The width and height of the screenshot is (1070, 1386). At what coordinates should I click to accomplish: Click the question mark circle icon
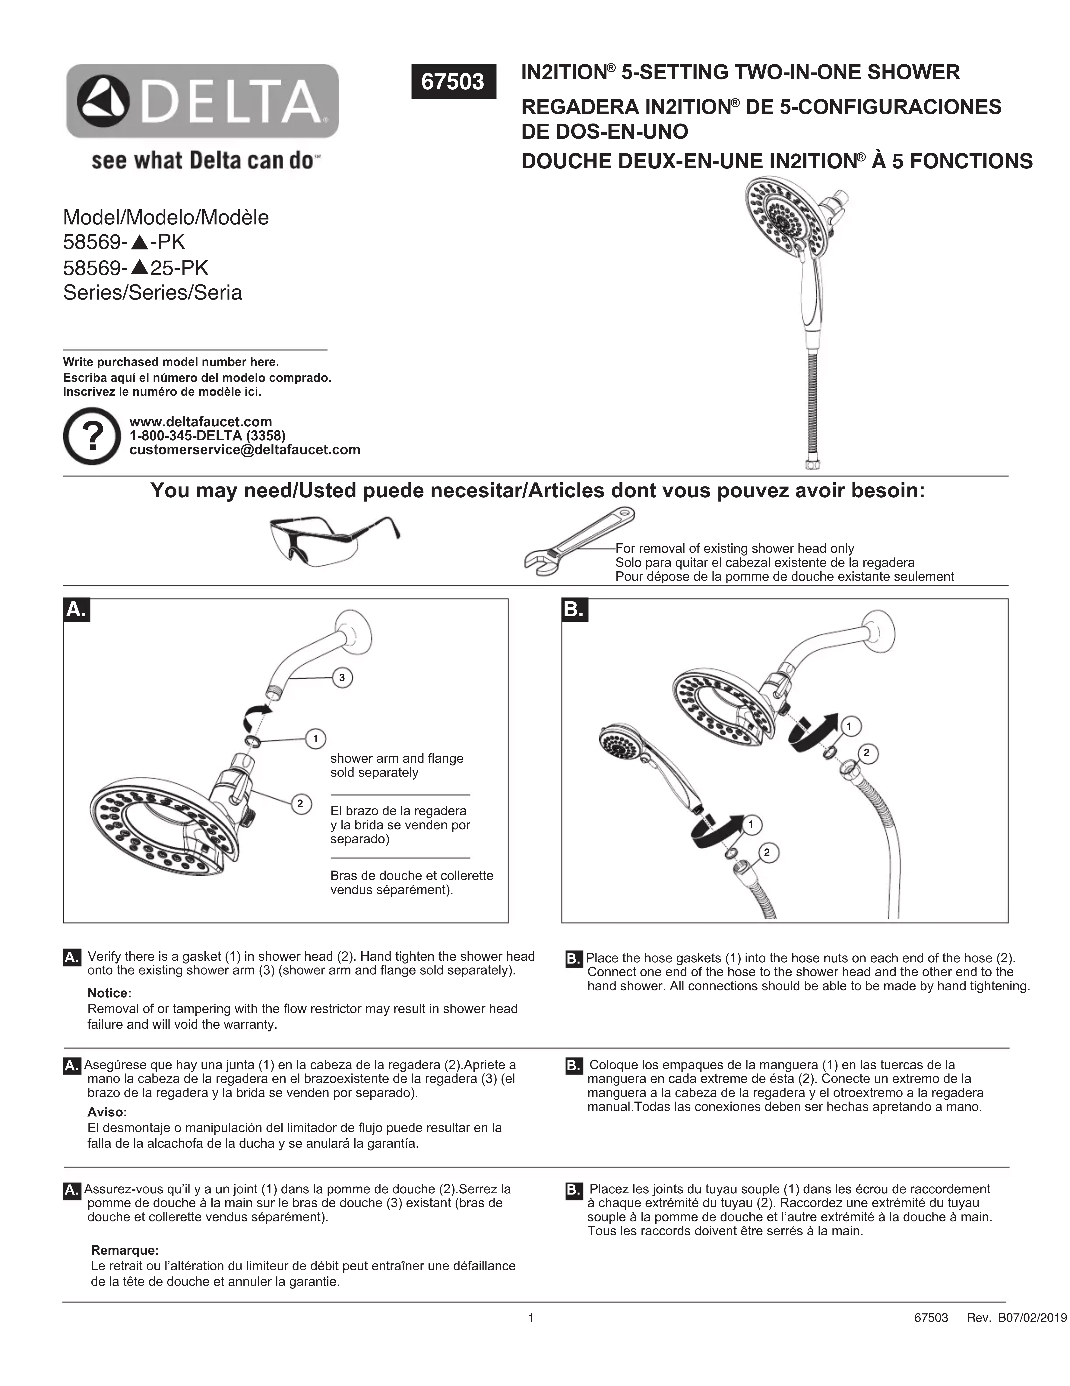click(92, 436)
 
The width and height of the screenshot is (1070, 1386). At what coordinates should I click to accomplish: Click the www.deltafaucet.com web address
click(200, 421)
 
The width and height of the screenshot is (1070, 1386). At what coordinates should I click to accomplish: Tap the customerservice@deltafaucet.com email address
click(244, 450)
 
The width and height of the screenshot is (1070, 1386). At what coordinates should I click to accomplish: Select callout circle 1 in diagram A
click(315, 738)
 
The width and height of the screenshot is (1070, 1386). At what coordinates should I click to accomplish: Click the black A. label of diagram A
click(76, 610)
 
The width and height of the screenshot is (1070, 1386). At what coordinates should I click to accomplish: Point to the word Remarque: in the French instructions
click(125, 1250)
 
